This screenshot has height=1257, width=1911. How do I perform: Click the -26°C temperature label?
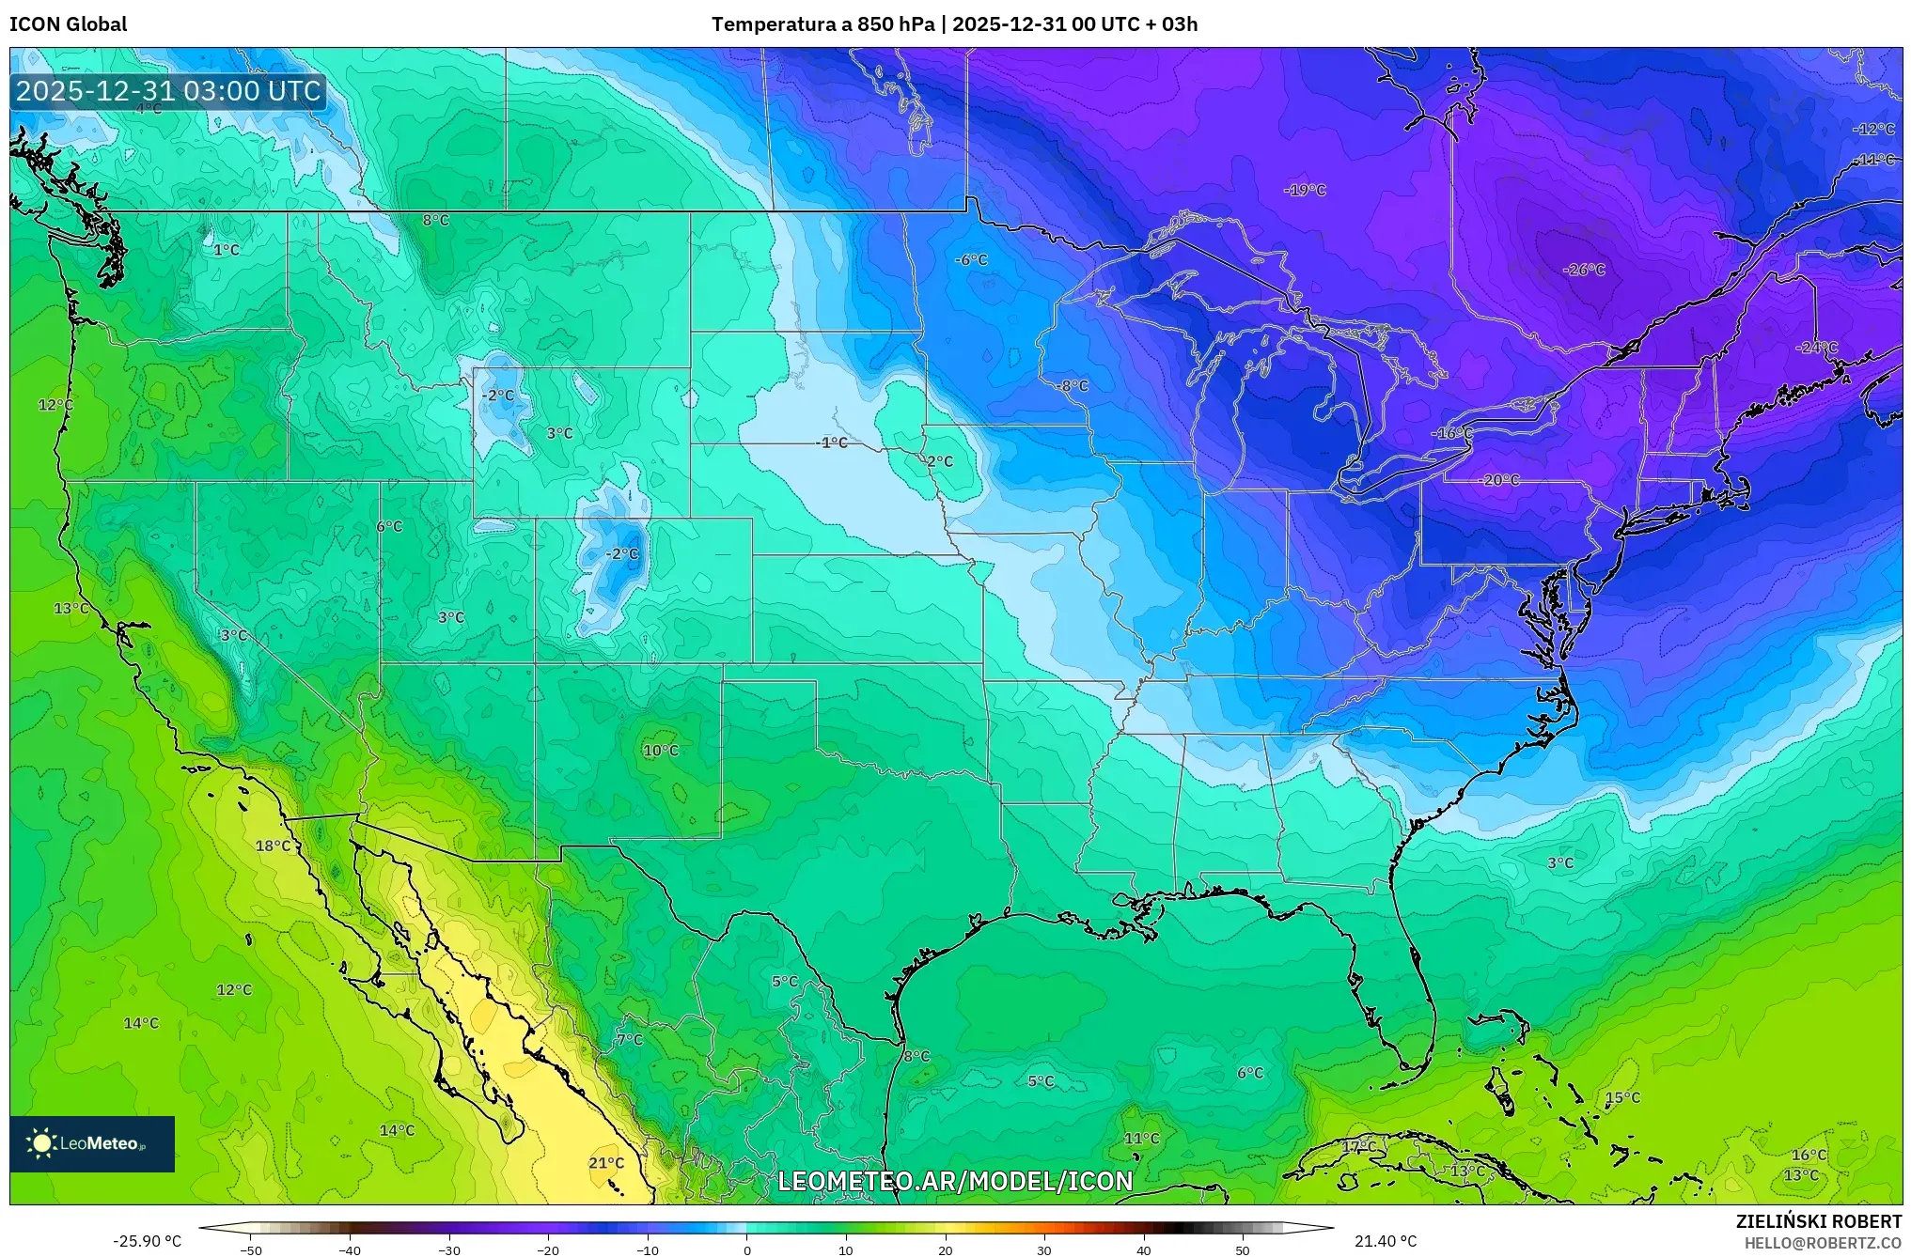(x=1584, y=270)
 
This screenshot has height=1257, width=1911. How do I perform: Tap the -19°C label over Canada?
(x=1305, y=190)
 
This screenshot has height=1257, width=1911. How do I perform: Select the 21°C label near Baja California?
(x=606, y=1163)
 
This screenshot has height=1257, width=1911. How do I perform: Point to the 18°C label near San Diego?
(x=274, y=846)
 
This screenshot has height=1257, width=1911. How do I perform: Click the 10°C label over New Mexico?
(x=661, y=751)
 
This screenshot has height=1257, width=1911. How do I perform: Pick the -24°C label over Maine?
(x=1816, y=348)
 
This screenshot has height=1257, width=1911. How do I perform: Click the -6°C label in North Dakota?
(x=971, y=260)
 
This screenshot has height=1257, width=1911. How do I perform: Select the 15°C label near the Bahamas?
(x=1622, y=1097)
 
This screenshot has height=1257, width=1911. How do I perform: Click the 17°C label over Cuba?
(x=1358, y=1147)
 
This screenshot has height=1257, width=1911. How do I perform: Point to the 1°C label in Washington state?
(x=227, y=250)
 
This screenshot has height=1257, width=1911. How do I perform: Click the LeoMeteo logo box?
(x=92, y=1143)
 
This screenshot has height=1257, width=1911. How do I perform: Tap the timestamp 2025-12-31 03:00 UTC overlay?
(x=169, y=91)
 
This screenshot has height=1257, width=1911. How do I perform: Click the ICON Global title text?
(x=69, y=24)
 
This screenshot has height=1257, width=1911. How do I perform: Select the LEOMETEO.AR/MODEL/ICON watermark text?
(x=955, y=1181)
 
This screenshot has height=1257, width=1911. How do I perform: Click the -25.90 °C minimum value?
(x=147, y=1241)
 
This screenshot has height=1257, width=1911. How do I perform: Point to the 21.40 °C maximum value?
(x=1386, y=1241)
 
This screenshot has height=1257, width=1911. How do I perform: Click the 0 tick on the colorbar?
(x=747, y=1249)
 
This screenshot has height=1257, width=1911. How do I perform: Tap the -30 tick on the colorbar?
(x=449, y=1249)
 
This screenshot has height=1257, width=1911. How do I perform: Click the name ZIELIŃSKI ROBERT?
(x=1818, y=1221)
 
